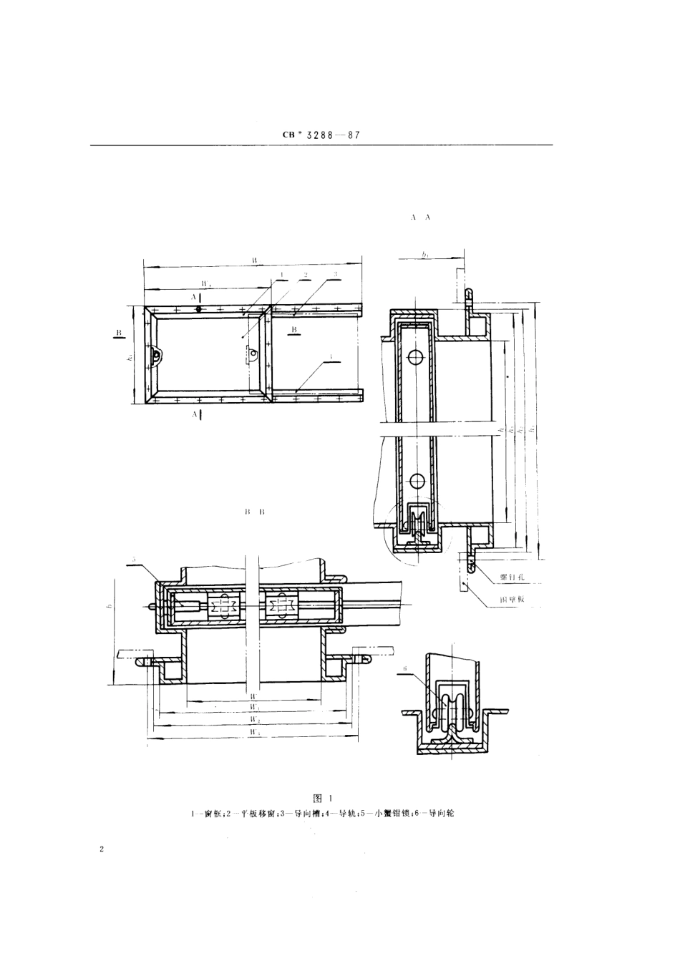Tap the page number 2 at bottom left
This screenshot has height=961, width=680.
[102, 850]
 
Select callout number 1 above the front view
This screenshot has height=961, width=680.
[283, 275]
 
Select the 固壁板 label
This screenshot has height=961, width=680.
[513, 600]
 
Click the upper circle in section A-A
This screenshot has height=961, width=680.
[414, 356]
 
